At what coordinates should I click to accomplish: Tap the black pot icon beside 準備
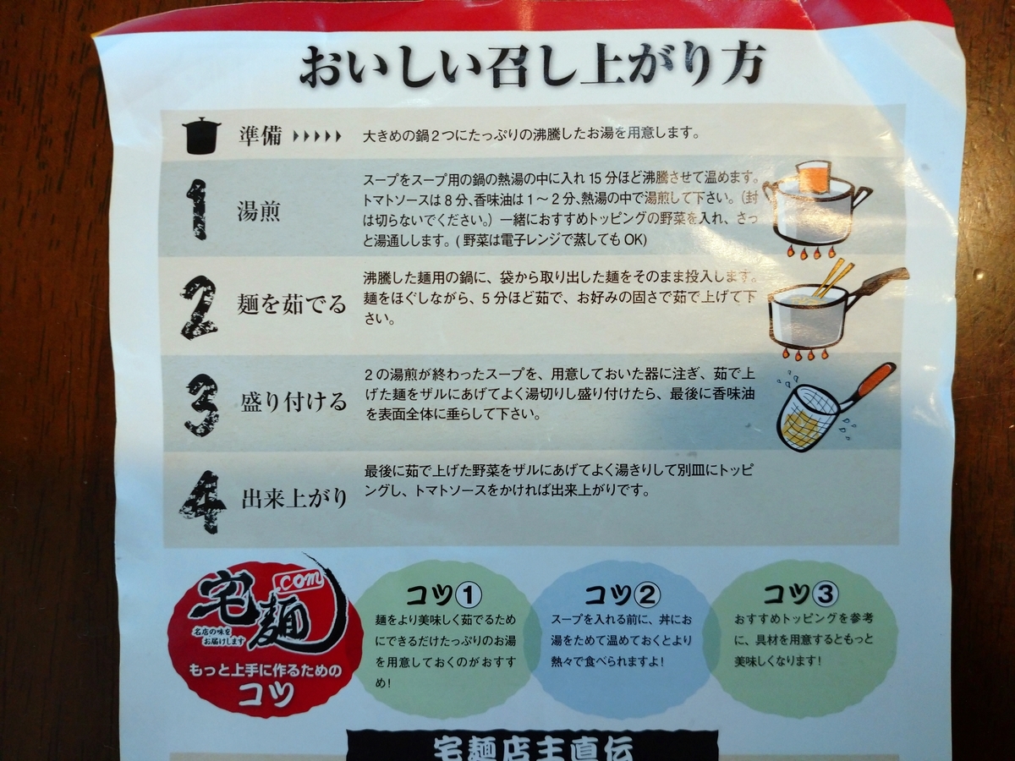tap(201, 135)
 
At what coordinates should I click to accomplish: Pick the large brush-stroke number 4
tap(202, 501)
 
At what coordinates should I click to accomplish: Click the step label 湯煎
tap(259, 212)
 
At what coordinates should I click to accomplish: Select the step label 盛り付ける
tap(292, 402)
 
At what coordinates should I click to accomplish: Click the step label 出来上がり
tap(292, 498)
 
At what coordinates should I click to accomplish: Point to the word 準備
tap(259, 136)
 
